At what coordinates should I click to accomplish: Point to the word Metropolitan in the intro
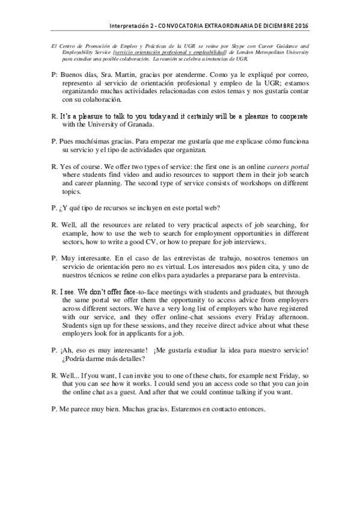tap(269, 52)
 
